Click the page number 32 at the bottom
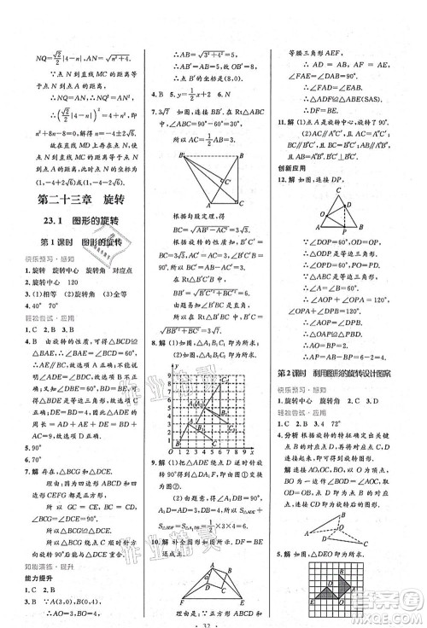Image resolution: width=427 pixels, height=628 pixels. click(x=213, y=620)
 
